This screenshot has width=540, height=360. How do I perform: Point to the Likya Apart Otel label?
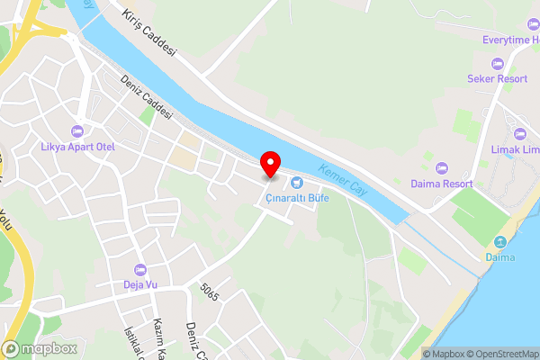(82, 146)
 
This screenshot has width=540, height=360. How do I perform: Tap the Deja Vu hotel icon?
(139, 270)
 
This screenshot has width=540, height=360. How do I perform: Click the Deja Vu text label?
(139, 285)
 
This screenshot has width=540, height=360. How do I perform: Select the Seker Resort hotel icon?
(497, 63)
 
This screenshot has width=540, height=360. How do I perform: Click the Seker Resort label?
(497, 78)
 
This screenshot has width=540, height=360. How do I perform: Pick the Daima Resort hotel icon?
(441, 167)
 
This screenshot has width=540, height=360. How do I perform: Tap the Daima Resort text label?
(441, 183)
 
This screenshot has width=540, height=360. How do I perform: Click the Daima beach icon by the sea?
(500, 241)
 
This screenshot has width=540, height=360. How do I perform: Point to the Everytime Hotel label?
(496, 40)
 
